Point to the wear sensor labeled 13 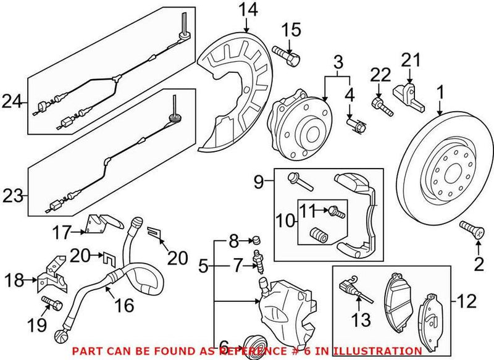(x=354, y=291)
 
